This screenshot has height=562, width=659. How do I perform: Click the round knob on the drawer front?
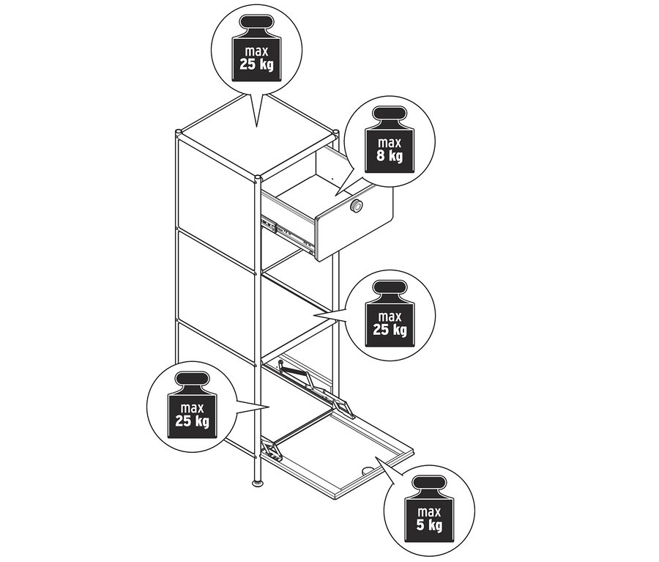point(357,206)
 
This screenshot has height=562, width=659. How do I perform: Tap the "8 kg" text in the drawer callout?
point(390,155)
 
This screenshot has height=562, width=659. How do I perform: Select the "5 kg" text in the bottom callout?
point(429,525)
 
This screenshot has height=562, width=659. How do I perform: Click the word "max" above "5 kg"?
point(429,512)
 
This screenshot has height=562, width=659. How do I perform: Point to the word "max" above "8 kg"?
point(390,142)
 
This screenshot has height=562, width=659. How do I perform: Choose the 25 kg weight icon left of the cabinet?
point(192,404)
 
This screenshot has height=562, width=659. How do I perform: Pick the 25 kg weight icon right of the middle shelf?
point(390,314)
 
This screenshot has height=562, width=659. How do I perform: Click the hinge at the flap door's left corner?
point(271,450)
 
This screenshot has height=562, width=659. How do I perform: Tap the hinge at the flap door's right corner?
point(344,407)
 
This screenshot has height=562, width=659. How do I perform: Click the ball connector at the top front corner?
point(258,180)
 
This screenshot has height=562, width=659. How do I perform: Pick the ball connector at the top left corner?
point(179,133)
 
